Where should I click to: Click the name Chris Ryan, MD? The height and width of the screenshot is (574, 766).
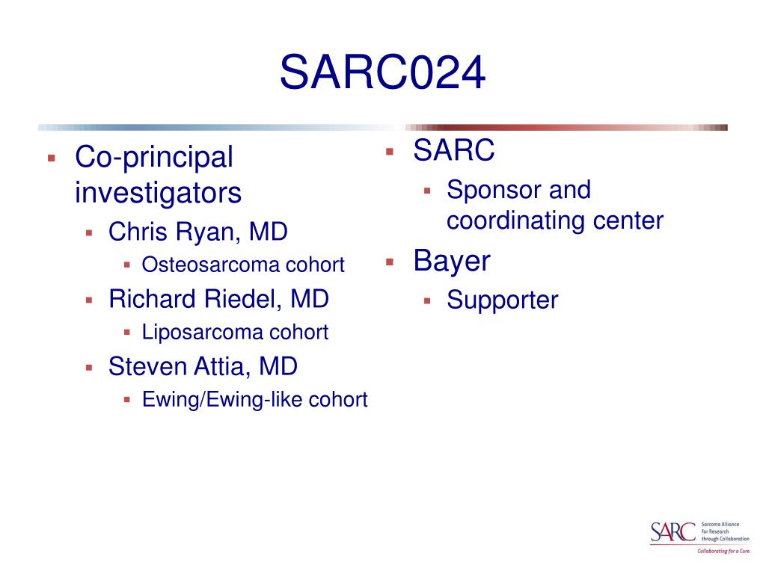[x=197, y=232]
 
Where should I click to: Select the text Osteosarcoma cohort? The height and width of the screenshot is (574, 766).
[x=243, y=265]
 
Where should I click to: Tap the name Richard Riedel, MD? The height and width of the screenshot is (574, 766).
[x=218, y=299]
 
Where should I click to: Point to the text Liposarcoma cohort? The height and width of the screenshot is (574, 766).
[x=235, y=332]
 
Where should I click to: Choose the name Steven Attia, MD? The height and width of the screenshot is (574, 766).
[x=203, y=366]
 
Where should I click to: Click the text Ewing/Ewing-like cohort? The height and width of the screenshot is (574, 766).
[x=254, y=399]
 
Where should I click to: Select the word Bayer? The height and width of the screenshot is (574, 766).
[x=452, y=261]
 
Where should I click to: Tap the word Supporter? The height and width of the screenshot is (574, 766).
[x=502, y=300]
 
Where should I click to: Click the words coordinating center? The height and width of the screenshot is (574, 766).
[x=554, y=221]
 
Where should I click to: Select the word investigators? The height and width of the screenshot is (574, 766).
[x=158, y=193]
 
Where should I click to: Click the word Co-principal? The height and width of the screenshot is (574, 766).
[x=154, y=158]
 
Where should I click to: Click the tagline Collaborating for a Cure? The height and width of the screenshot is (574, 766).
[x=723, y=551]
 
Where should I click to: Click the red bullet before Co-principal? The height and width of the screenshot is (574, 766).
[x=51, y=158]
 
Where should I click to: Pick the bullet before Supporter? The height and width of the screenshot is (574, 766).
[x=427, y=300]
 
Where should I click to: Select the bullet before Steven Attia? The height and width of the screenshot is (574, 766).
[x=89, y=367]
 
